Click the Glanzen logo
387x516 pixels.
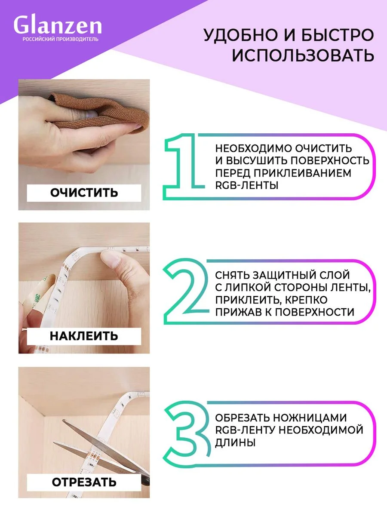click(x=58, y=25)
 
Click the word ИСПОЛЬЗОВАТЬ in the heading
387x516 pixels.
click(x=303, y=55)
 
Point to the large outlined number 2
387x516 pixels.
click(x=186, y=292)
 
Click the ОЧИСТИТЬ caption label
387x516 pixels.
click(x=84, y=193)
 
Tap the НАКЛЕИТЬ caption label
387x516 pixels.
click(x=84, y=336)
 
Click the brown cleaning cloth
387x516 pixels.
click(x=101, y=111)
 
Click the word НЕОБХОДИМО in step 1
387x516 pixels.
click(x=253, y=148)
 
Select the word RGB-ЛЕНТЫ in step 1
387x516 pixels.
click(x=247, y=185)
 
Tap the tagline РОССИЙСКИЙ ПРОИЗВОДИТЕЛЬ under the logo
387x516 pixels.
click(x=60, y=39)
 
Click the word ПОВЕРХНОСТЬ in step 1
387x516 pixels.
click(x=330, y=160)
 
